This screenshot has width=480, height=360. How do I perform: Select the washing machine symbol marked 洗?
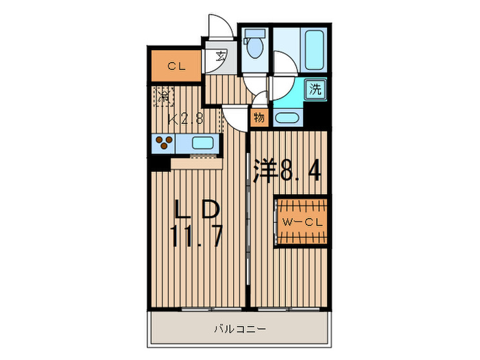coord(315,88)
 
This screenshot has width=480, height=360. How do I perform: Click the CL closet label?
coord(176,67)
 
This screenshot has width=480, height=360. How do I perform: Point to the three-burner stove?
coord(165,143)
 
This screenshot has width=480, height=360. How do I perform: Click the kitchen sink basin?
coord(203,143)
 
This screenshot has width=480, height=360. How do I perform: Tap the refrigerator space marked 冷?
coord(164,96)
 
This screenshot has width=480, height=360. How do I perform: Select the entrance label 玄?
coord(221,58)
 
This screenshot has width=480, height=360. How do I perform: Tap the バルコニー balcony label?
coord(239,328)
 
